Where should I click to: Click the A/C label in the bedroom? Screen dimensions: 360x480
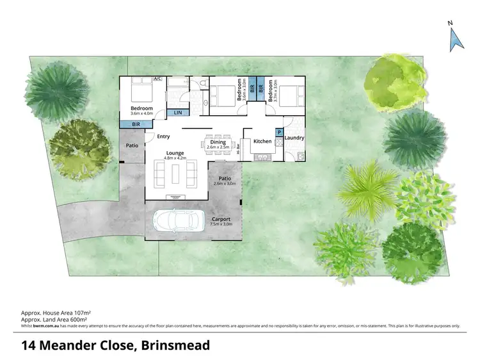156,79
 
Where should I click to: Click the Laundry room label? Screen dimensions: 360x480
294,138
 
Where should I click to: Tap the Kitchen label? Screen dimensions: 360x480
262,141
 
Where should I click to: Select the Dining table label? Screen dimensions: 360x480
218,145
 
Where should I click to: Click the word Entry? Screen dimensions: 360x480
163,136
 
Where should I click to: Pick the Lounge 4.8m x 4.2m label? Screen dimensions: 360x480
175,156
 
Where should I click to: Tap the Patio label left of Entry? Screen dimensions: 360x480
132,146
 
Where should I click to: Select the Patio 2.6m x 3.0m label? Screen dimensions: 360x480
225,181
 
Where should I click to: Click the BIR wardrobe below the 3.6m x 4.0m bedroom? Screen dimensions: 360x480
136,124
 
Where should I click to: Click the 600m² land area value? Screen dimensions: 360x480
79,318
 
